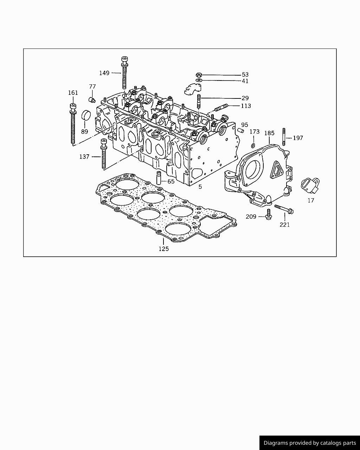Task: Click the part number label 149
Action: point(104,73)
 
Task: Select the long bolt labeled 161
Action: point(73,125)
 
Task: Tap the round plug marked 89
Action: point(86,115)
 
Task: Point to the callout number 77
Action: point(92,87)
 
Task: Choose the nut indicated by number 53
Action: point(199,75)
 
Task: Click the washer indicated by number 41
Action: point(199,81)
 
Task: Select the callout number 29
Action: point(245,98)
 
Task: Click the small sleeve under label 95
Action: point(241,131)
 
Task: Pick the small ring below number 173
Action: point(253,146)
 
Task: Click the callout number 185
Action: point(269,133)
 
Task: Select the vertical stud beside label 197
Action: point(283,137)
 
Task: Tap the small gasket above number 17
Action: point(310,185)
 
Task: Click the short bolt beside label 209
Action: point(269,214)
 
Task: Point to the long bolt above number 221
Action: point(284,209)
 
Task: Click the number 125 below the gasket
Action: point(163,249)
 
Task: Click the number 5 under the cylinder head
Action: point(200,187)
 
